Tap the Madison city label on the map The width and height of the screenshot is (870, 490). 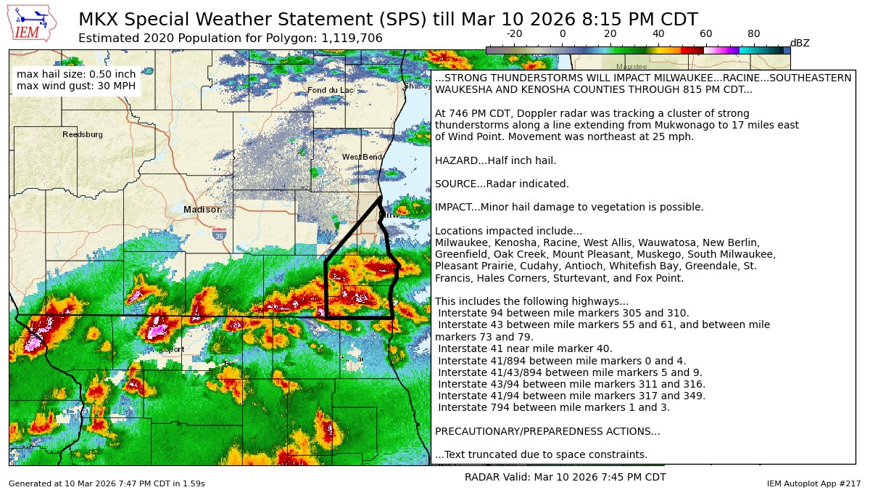tap(202, 210)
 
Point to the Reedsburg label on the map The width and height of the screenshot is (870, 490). tap(83, 134)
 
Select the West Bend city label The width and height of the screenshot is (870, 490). tap(362, 157)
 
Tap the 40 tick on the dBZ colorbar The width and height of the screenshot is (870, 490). tap(658, 34)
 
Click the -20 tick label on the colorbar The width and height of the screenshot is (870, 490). tap(514, 34)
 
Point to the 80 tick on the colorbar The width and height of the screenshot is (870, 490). tap(754, 34)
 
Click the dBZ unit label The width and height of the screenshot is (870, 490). tap(800, 43)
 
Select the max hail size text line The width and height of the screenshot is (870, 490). tap(76, 74)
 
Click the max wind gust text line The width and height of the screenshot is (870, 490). tap(76, 86)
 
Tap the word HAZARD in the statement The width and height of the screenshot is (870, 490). tap(455, 160)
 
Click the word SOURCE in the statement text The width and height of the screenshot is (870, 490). tap(455, 184)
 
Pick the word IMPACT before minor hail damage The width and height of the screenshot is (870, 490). tap(454, 207)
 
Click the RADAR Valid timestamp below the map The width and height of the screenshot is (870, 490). tap(565, 477)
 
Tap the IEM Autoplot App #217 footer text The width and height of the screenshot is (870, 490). tap(813, 483)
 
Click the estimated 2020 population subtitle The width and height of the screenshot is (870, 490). tap(230, 38)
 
